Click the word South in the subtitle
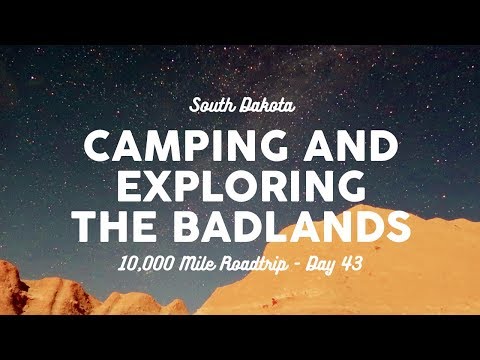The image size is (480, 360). click(x=213, y=105)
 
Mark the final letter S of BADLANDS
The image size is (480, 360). click(x=398, y=226)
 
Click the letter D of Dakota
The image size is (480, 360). click(x=243, y=105)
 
